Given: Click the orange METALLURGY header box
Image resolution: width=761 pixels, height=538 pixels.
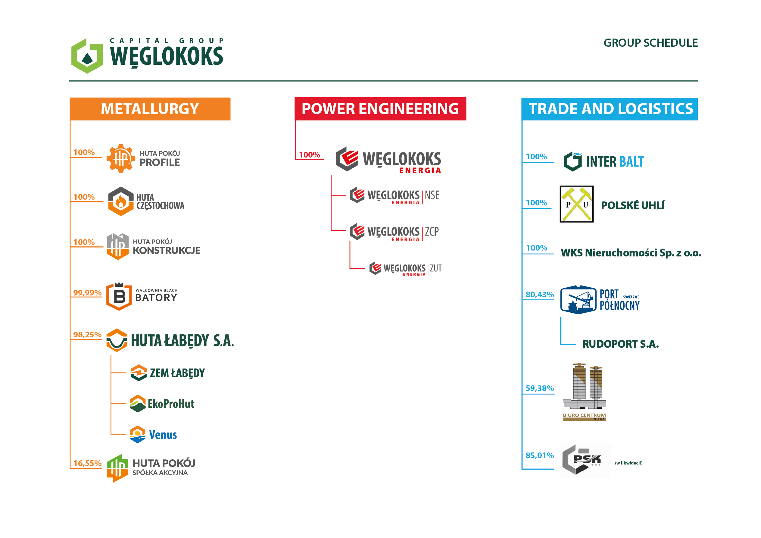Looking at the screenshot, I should coord(150,109).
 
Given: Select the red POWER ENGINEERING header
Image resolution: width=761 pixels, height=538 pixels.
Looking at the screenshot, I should coord(380,109).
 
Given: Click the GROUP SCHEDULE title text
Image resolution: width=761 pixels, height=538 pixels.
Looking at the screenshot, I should coord(650,43).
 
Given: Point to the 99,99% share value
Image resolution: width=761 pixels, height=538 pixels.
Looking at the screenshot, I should coord(87,293).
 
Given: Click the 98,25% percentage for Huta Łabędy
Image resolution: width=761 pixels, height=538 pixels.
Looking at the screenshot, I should coord(87,334).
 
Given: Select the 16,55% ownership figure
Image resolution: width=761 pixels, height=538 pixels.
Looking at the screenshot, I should coord(87,463).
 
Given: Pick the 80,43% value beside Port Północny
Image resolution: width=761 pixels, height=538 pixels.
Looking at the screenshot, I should coord(540,294).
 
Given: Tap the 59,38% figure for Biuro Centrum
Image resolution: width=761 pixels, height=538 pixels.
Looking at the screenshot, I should coord(540,388).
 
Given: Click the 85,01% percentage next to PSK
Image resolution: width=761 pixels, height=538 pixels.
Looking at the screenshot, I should coord(540,455).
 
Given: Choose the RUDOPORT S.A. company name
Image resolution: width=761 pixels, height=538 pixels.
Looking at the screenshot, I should coord(620,344).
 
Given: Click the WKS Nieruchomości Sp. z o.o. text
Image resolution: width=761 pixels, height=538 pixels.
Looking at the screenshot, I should coord(631,253).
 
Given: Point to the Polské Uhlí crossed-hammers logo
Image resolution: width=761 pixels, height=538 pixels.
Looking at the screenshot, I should coord(576,204).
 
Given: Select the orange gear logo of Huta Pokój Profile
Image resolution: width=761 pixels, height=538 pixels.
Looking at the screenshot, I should coord(121,158).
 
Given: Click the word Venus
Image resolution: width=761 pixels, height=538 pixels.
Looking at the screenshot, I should coord(163,435).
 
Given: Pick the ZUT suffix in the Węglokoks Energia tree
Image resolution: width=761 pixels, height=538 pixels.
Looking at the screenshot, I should coord(436,268).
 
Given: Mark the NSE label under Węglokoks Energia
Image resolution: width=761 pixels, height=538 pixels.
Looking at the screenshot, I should coord(432,195).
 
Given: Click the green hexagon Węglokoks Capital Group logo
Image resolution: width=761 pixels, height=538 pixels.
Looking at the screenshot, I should coord(87,56).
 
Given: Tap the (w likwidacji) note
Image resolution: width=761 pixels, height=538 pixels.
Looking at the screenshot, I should coord(628,463).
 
